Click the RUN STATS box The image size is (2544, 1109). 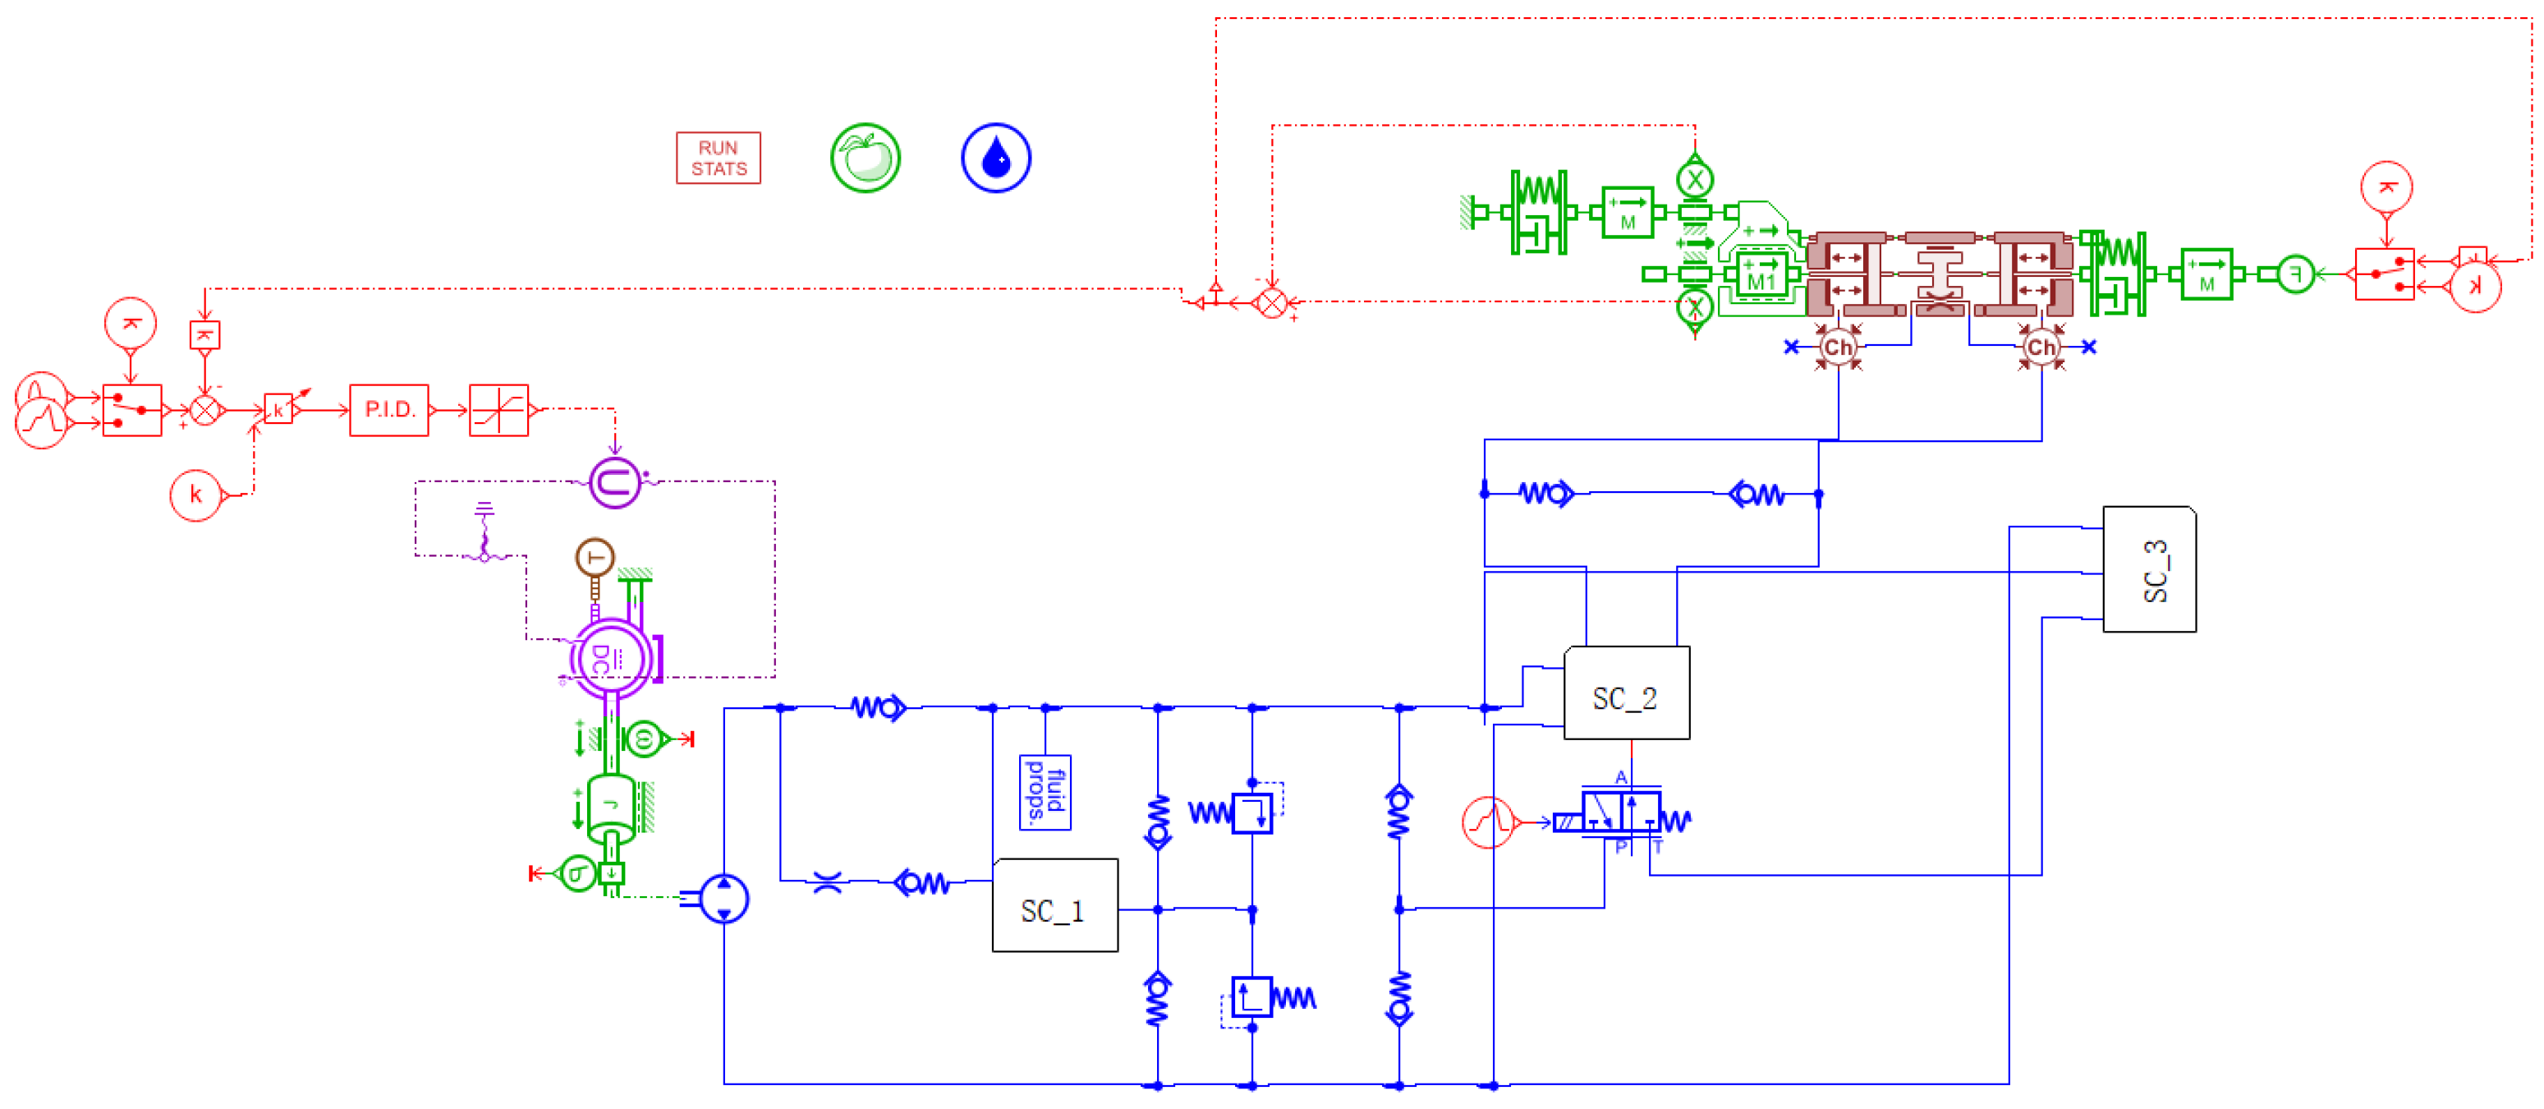click(718, 158)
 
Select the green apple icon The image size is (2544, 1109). click(866, 158)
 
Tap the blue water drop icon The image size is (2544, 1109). click(995, 158)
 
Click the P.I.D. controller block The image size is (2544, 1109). click(389, 410)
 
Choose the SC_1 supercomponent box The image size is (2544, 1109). click(1054, 905)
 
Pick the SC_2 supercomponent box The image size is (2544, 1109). click(1626, 693)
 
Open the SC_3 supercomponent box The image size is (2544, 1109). click(2149, 570)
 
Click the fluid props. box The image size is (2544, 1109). click(1045, 793)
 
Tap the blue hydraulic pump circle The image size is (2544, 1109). click(725, 898)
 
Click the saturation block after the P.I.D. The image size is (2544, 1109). click(498, 410)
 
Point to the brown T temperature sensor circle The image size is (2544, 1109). click(595, 558)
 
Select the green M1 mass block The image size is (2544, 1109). click(1762, 274)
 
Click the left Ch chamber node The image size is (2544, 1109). click(1837, 347)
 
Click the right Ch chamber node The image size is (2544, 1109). click(2041, 347)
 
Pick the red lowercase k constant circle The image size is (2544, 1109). click(195, 495)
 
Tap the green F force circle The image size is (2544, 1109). click(2295, 274)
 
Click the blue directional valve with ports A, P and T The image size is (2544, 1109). click(1622, 814)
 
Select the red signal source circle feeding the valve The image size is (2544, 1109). click(1487, 821)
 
